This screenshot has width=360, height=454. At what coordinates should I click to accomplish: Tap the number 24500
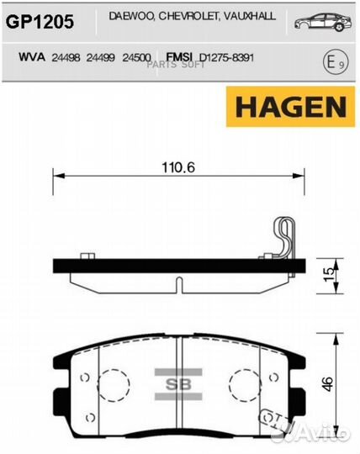pyautogui.click(x=136, y=58)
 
